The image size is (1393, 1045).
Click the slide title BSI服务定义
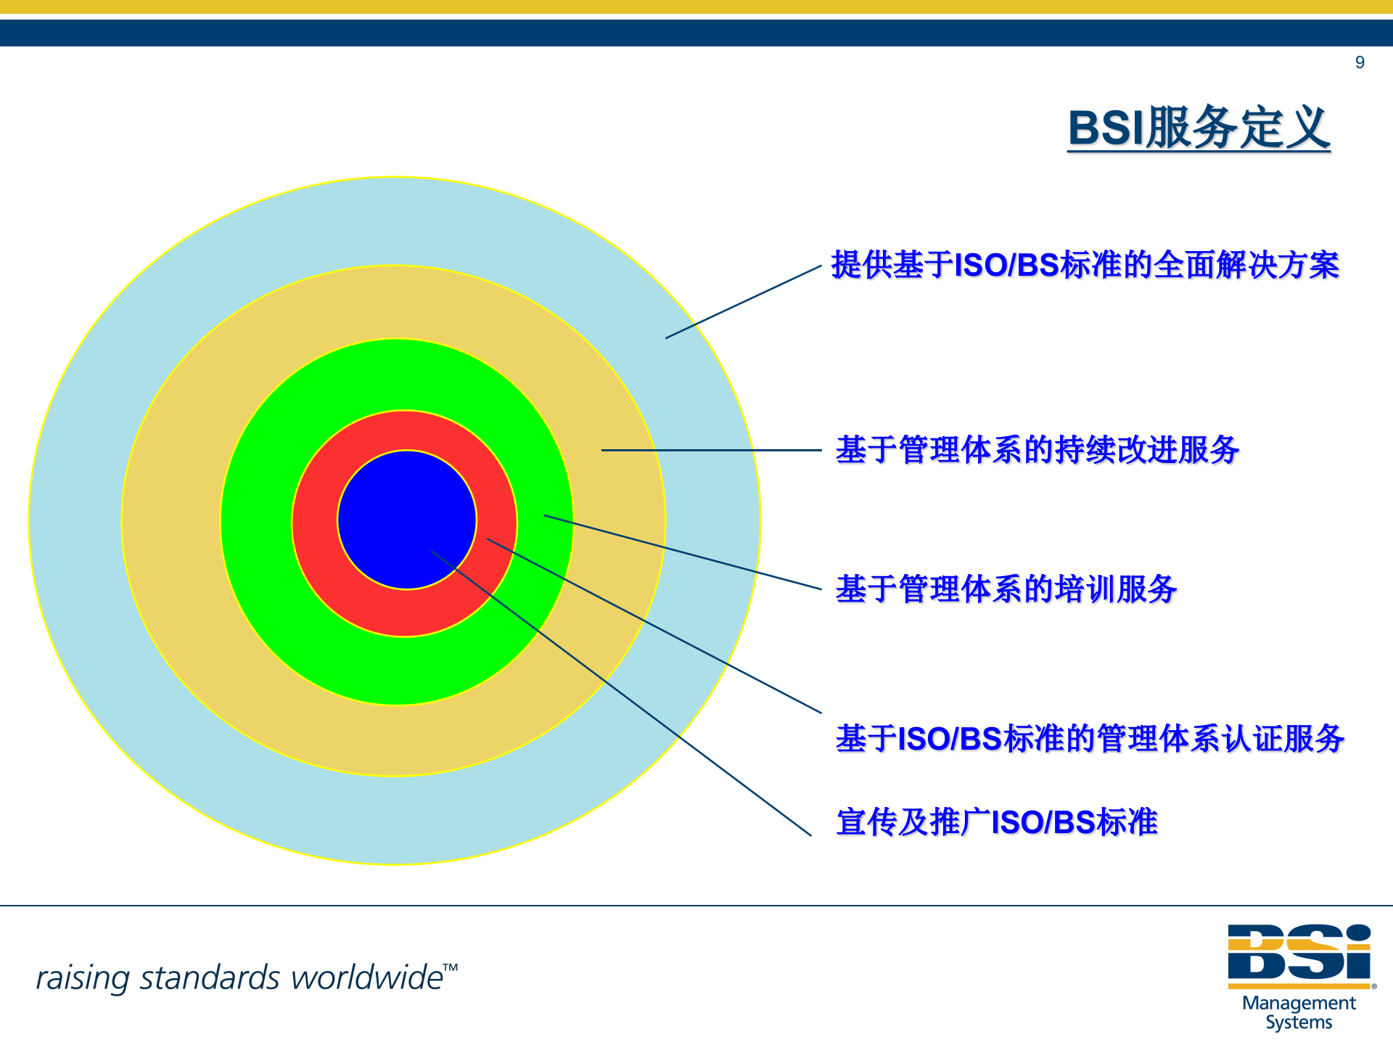click(1199, 128)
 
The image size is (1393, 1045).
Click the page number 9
click(1360, 62)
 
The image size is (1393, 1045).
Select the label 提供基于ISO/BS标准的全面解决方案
click(1085, 265)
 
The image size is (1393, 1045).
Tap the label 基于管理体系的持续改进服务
click(1037, 450)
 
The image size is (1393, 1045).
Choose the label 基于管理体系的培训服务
click(1006, 589)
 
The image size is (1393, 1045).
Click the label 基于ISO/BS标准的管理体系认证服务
click(1090, 739)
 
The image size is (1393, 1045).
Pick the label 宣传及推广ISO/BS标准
click(997, 822)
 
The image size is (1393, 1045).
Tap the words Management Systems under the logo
click(1299, 1012)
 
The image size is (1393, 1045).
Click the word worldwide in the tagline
click(366, 978)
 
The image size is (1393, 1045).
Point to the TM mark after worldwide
click(451, 967)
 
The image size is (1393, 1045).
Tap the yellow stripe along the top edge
click(696, 7)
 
